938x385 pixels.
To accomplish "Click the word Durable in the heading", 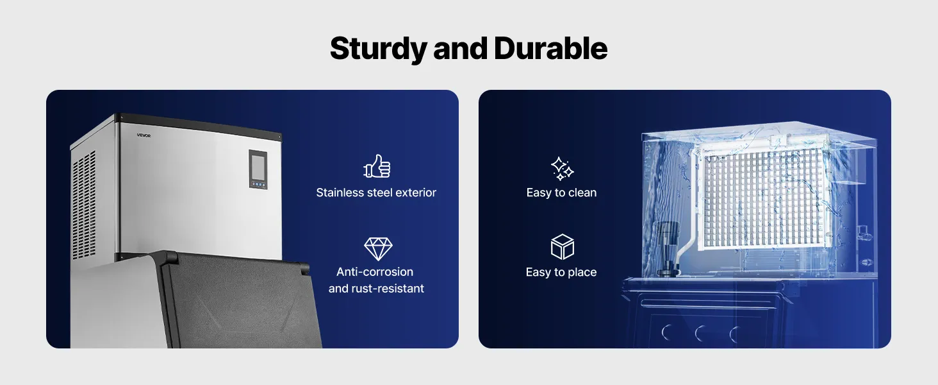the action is coord(550,48).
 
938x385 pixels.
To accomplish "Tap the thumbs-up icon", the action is coord(377,166).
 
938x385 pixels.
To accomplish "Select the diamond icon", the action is coord(378,249).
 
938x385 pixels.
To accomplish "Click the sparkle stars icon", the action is coord(562,169).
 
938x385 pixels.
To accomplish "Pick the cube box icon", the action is coord(562,246).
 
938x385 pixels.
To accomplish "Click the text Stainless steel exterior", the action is coord(376,193).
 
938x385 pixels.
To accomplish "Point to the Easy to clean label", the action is coord(561,193).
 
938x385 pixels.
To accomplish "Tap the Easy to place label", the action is coord(561,272).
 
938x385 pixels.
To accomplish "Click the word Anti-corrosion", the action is coord(375,272).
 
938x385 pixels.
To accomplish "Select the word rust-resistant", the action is coord(391,289).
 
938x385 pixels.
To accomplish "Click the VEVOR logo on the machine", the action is coord(144,135).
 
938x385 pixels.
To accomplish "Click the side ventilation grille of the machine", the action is coord(84,205).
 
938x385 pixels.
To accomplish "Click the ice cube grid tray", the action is coord(763,198).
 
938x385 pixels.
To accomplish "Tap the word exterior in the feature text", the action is coord(416,193).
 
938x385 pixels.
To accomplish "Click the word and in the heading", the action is coord(460,48).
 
